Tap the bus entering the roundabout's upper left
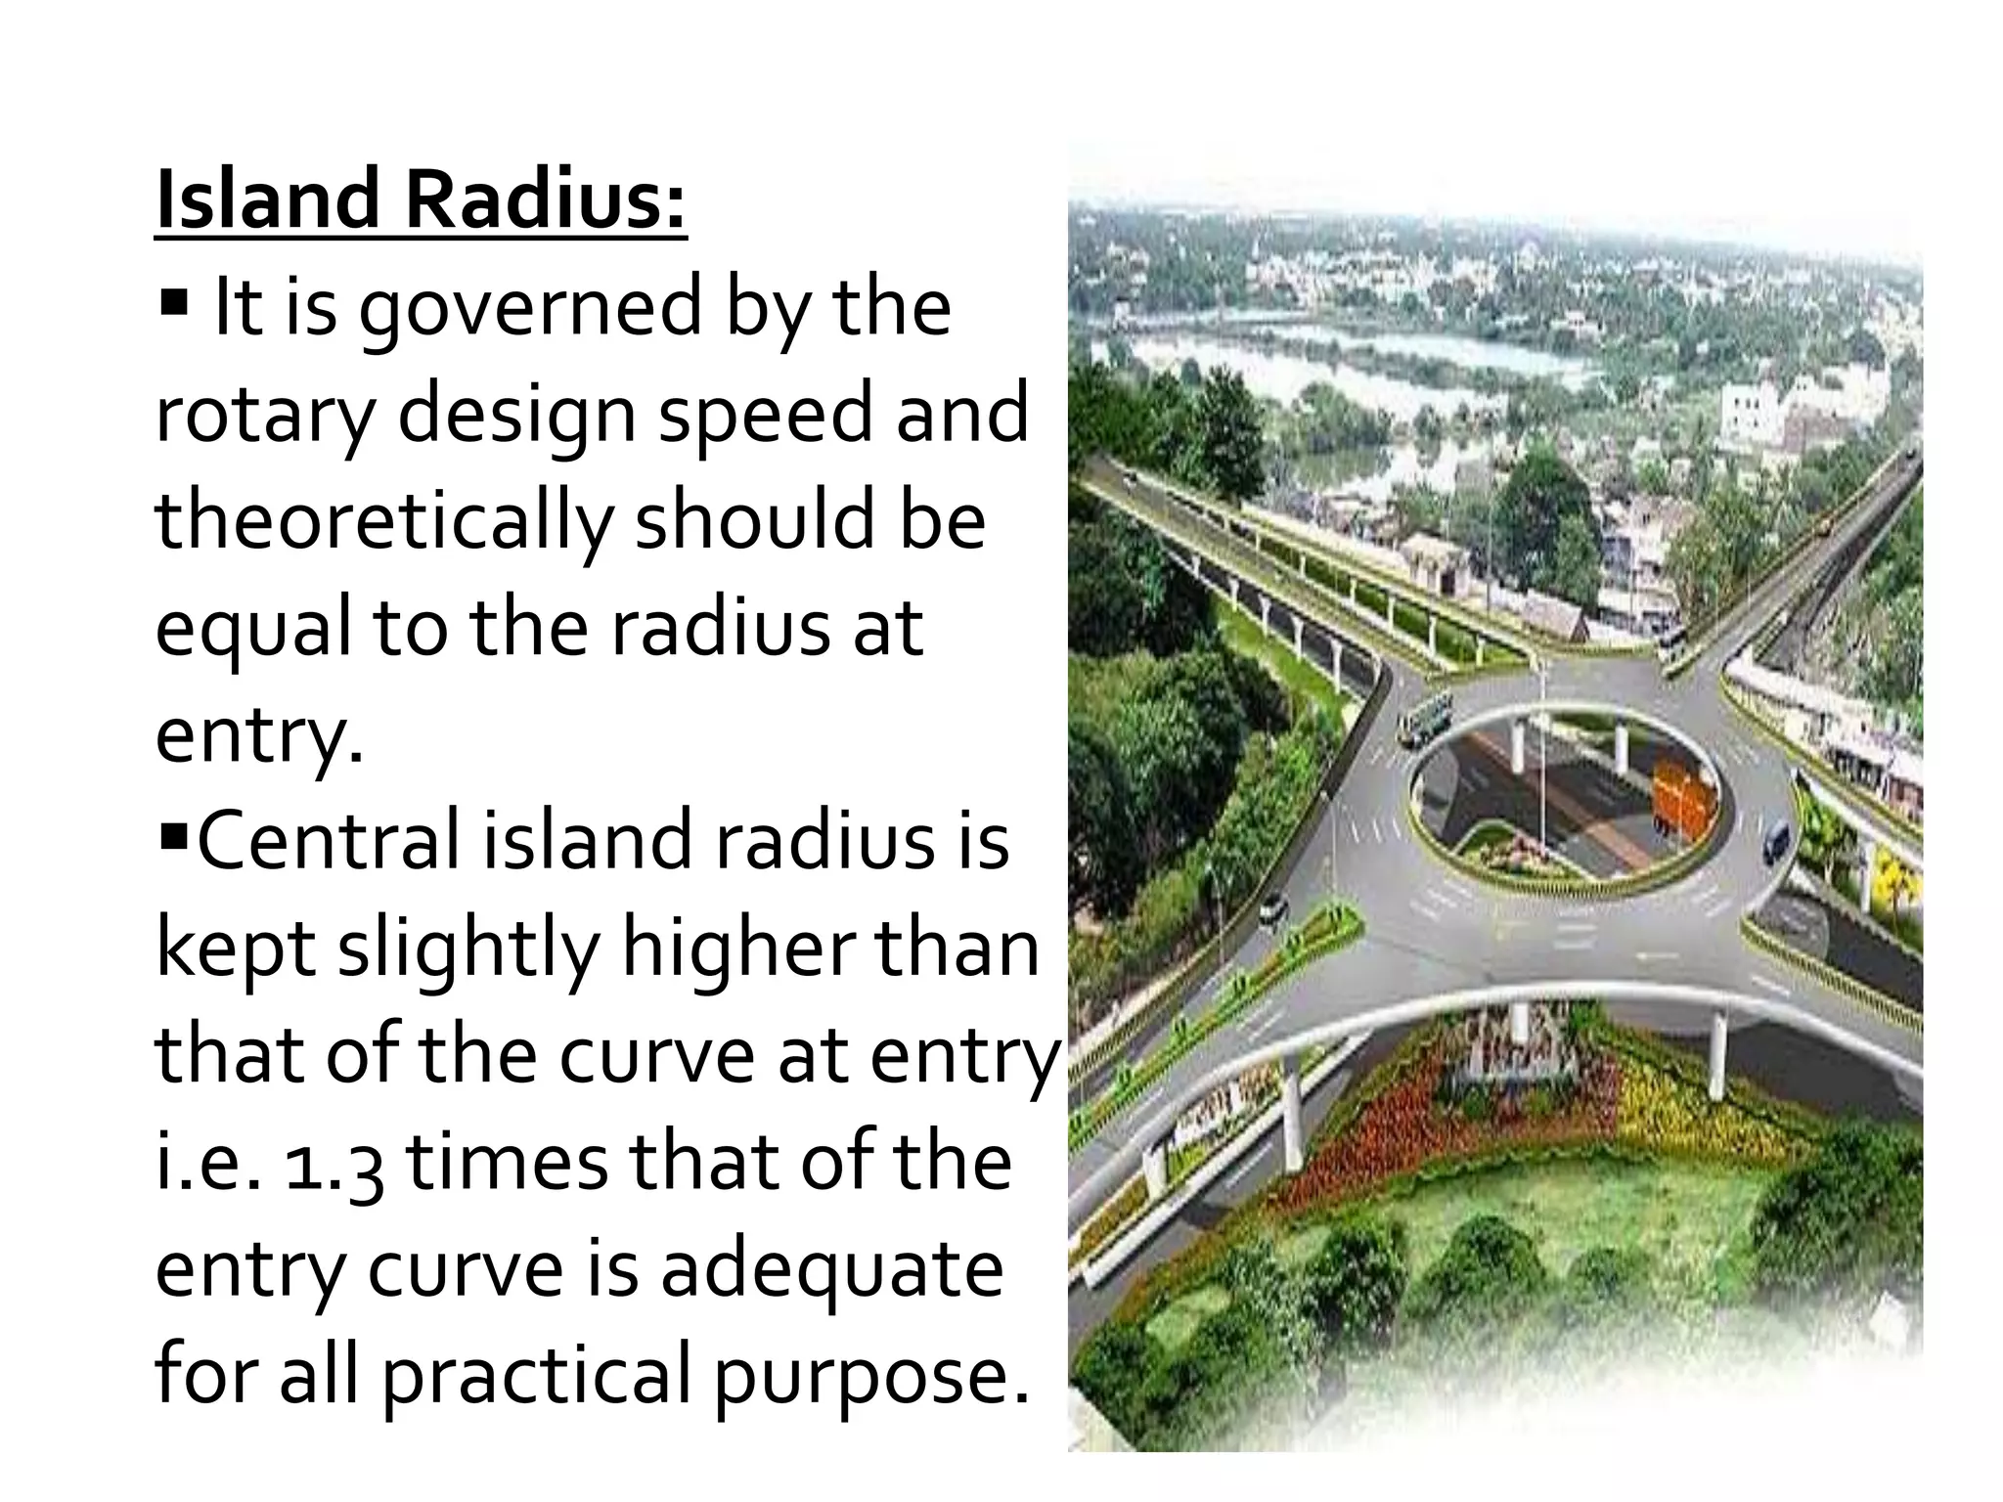pyautogui.click(x=1426, y=715)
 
